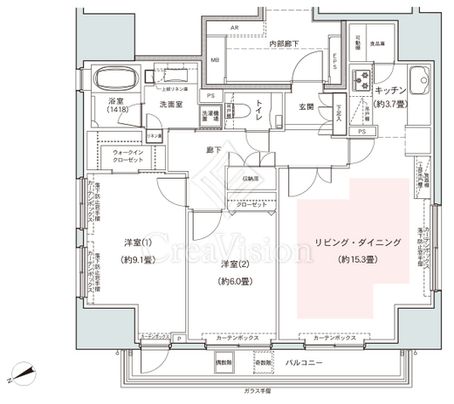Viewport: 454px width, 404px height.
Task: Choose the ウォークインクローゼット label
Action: (x=127, y=156)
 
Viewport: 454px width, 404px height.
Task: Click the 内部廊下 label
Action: (x=285, y=43)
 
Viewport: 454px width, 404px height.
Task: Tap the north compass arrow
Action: (x=25, y=376)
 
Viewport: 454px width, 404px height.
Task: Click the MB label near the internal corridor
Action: (x=215, y=60)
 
